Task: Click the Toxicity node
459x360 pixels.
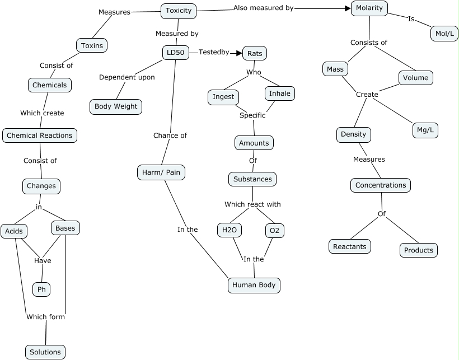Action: click(179, 10)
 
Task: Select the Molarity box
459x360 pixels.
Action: click(369, 8)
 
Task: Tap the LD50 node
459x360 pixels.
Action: click(175, 53)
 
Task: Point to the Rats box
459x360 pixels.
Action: click(255, 53)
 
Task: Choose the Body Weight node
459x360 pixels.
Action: click(116, 106)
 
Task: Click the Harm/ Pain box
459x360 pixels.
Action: click(161, 172)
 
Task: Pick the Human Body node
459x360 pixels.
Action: click(254, 285)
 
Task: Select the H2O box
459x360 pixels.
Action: click(229, 230)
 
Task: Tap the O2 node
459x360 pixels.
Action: click(274, 230)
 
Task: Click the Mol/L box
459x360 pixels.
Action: click(444, 34)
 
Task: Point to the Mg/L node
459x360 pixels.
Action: click(425, 130)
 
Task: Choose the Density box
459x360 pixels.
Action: click(354, 134)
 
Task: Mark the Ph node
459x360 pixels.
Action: click(41, 289)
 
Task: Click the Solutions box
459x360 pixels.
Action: click(45, 352)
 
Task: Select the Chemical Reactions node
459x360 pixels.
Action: click(39, 135)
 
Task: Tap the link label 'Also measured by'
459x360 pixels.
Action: click(263, 8)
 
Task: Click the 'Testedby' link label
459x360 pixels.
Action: click(214, 52)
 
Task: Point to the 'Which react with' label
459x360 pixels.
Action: click(252, 204)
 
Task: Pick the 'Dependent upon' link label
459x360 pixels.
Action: click(127, 77)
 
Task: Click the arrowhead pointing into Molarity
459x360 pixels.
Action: click(346, 8)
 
